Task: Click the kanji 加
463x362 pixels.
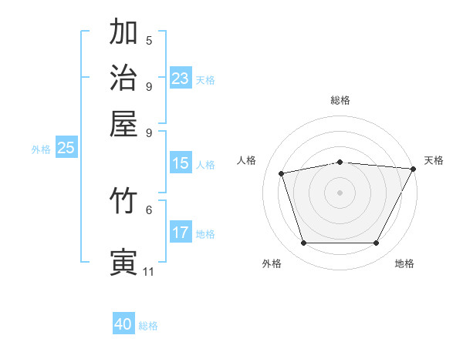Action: pos(124,32)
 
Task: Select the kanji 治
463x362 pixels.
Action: pos(124,79)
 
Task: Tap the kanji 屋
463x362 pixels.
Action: pos(124,125)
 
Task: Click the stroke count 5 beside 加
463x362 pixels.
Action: pos(149,40)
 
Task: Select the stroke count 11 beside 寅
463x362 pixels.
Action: pos(149,271)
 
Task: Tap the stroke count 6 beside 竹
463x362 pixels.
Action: pos(149,209)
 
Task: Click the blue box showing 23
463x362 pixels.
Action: pos(181,79)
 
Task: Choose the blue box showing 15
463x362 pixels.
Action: pos(181,163)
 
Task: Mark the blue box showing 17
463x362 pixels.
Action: pos(181,233)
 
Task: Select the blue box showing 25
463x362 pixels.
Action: pos(66,149)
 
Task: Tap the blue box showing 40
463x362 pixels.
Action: pos(123,324)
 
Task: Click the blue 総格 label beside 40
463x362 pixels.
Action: pos(148,326)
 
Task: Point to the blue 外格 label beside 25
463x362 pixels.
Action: pos(41,150)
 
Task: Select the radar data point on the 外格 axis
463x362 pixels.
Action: pos(303,243)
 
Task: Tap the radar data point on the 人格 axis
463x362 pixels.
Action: pos(282,173)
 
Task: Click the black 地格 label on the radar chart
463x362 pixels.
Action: pos(404,263)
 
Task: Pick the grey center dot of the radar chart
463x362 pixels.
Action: pos(340,193)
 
